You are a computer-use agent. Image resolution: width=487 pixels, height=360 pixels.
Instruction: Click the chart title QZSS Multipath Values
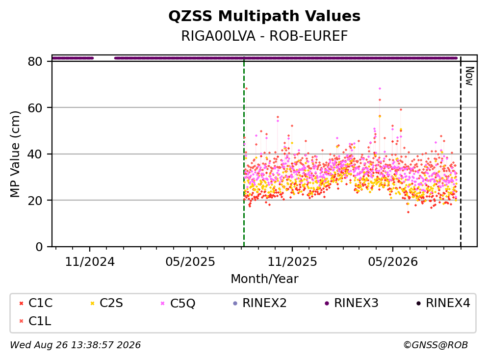(264, 16)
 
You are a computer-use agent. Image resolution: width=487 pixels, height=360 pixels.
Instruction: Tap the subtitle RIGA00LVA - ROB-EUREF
(264, 36)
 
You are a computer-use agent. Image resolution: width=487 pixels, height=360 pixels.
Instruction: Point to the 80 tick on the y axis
(35, 61)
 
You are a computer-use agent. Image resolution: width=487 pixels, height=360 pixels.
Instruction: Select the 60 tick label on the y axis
(35, 108)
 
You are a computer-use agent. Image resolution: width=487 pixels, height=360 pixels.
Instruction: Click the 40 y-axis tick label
(35, 154)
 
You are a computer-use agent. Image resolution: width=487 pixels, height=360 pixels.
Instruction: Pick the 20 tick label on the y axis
(35, 200)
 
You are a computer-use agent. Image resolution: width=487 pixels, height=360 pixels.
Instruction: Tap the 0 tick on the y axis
(39, 247)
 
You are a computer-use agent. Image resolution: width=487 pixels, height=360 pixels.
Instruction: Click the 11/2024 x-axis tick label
(90, 262)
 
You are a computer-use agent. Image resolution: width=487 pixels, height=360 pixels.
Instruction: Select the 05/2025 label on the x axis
(190, 262)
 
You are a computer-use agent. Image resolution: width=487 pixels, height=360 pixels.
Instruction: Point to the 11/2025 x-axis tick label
(292, 262)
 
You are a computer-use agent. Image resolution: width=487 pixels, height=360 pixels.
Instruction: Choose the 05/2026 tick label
(393, 262)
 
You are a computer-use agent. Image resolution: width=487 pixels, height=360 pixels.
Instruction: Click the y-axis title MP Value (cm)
(15, 154)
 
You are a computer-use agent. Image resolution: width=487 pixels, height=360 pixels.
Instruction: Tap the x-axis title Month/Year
(264, 279)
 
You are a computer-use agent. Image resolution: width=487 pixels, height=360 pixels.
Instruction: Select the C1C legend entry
(36, 303)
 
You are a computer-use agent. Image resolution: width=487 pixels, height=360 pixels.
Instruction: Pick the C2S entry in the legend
(106, 303)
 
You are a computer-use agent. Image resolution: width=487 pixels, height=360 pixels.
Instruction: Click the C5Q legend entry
(178, 303)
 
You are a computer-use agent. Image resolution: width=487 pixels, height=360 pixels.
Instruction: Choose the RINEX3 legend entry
(351, 303)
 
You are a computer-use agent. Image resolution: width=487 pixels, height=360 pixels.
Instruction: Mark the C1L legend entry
(35, 321)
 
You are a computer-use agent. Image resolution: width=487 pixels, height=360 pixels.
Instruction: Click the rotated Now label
(470, 76)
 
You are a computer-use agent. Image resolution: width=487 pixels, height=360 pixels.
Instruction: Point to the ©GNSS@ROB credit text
(436, 345)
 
